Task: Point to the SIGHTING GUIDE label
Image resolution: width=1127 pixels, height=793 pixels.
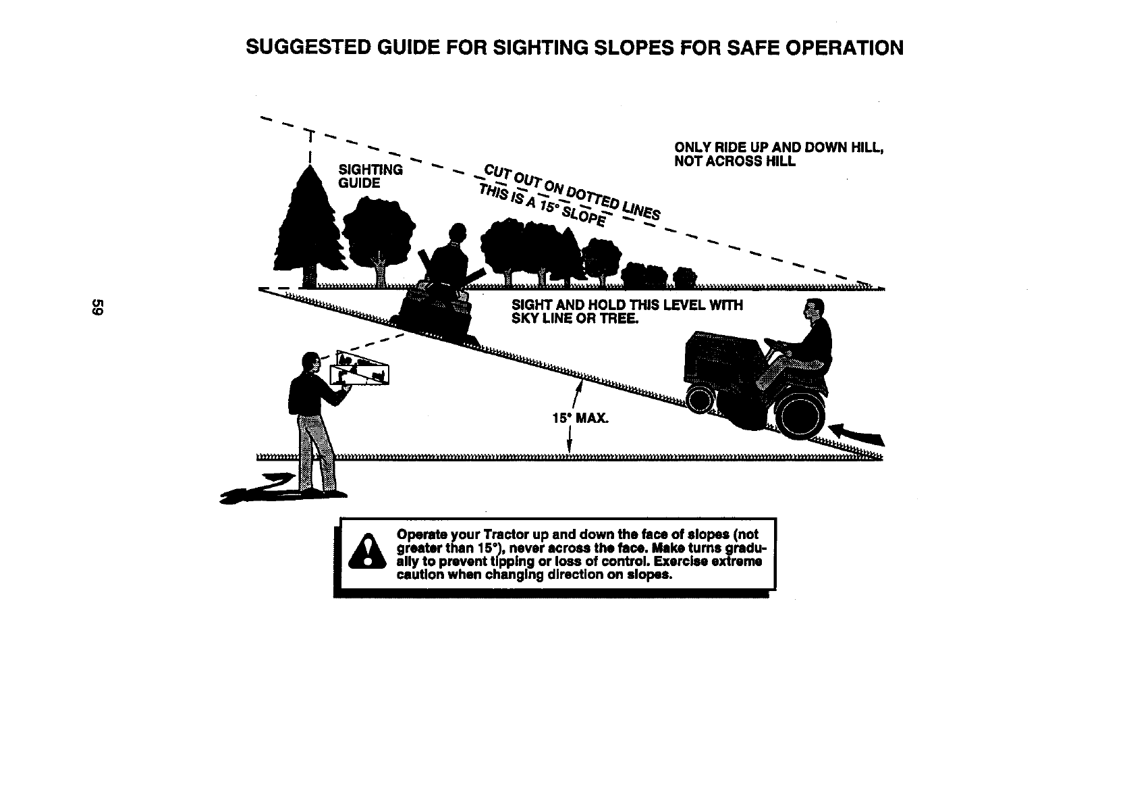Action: (x=370, y=176)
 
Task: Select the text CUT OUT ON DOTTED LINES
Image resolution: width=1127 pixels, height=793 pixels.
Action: (x=572, y=191)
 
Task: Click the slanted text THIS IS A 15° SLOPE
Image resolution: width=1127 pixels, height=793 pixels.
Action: (x=542, y=205)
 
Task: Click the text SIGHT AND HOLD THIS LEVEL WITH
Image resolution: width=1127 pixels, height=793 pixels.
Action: (x=627, y=305)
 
